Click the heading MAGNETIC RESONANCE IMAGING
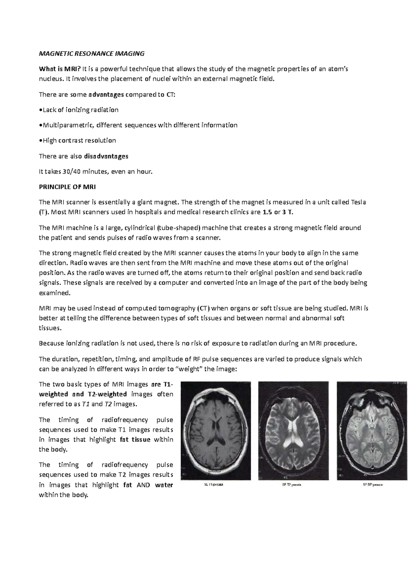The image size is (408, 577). [91, 53]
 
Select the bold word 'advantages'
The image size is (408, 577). [106, 94]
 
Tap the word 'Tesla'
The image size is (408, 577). [358, 202]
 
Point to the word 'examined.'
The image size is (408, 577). [54, 293]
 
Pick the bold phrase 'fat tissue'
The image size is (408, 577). [135, 440]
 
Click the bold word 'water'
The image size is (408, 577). [164, 485]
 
